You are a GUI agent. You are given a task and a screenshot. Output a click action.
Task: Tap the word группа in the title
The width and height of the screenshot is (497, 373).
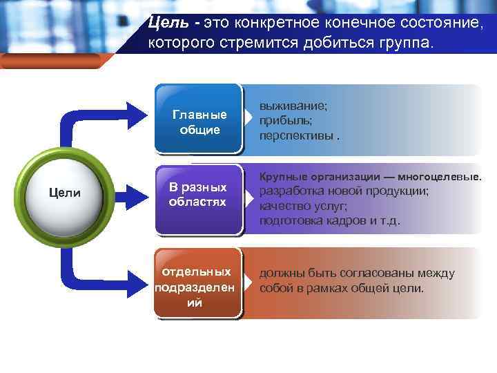tap(403, 43)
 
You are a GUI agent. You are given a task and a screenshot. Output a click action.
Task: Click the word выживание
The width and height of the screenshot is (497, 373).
tap(293, 108)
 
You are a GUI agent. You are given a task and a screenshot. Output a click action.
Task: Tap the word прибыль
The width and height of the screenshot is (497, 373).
tap(283, 121)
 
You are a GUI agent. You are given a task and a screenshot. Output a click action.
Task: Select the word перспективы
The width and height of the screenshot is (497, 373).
tap(296, 135)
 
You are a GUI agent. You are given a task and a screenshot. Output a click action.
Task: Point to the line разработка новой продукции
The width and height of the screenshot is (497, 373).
tap(344, 191)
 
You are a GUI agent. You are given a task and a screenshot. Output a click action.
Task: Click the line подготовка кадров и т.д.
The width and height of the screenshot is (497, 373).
tap(329, 220)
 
